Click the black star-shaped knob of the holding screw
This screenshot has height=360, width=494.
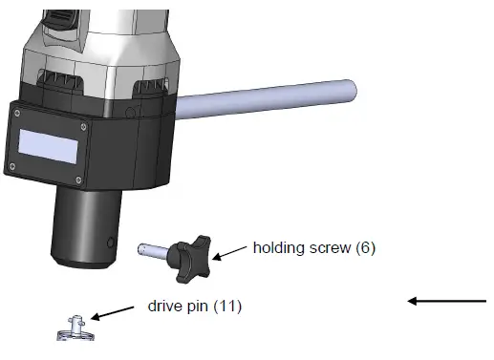[x=190, y=259]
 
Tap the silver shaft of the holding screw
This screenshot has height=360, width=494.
[x=154, y=249]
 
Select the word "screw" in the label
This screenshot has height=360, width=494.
[x=330, y=248]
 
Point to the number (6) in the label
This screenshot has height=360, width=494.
[x=366, y=248]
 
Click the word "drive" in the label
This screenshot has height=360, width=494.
[x=165, y=306]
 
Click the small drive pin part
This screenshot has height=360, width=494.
[x=75, y=328]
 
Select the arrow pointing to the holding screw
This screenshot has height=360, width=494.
[x=229, y=253]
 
